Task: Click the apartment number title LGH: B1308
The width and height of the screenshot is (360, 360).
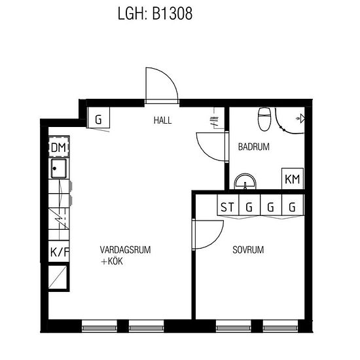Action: (x=155, y=14)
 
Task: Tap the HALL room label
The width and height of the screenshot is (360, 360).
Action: (x=162, y=120)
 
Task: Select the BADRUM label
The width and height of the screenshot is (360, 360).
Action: (x=254, y=147)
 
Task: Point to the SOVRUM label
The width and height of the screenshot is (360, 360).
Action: (x=248, y=250)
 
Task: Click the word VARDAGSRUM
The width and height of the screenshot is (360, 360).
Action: (x=126, y=250)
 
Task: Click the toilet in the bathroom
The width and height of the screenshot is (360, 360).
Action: (x=264, y=119)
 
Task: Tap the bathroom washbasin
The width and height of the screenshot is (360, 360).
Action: (x=245, y=181)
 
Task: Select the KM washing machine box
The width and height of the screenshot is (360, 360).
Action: (x=293, y=179)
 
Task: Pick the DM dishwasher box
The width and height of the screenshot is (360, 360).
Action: (x=59, y=147)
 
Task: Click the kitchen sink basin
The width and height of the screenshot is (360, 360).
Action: (x=59, y=169)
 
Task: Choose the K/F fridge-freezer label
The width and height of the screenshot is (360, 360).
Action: (x=59, y=252)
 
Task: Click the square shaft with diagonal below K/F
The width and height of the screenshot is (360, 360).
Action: (x=58, y=277)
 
